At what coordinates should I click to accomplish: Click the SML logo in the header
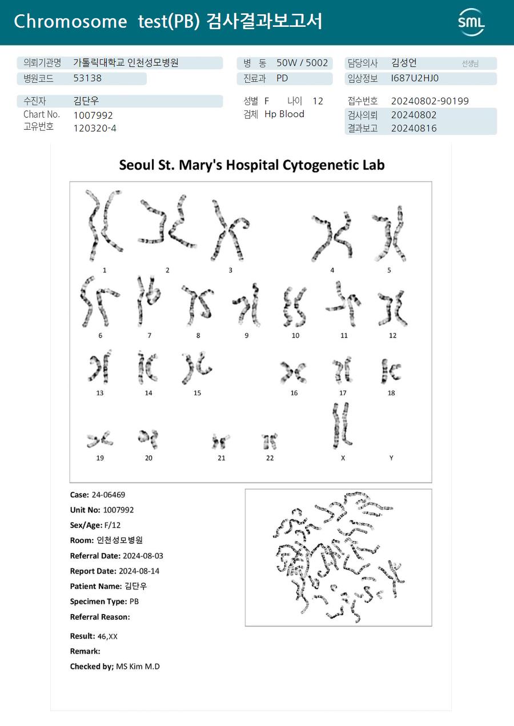click(471, 22)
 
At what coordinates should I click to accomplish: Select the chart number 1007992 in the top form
click(93, 115)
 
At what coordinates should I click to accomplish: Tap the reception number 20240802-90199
click(429, 101)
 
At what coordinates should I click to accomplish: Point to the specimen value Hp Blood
click(284, 114)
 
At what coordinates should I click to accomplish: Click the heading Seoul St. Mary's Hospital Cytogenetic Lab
click(251, 165)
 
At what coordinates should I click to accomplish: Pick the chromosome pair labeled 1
click(104, 225)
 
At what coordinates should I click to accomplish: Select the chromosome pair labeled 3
click(230, 230)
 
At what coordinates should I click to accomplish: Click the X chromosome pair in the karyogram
click(342, 426)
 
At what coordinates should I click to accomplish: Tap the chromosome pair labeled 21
click(221, 441)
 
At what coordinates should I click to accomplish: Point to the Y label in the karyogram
click(391, 458)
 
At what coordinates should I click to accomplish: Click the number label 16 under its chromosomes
click(294, 393)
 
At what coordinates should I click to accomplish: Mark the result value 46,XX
click(107, 636)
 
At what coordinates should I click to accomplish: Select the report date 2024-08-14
click(139, 571)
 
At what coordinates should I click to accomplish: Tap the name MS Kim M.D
click(138, 667)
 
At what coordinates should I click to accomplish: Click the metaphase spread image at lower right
click(338, 557)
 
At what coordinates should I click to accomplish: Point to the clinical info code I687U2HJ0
click(415, 79)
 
